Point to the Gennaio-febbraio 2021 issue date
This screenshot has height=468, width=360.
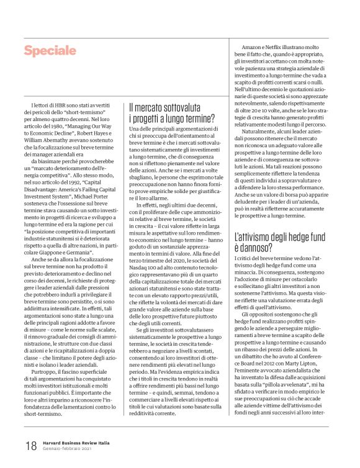point(66,449)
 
